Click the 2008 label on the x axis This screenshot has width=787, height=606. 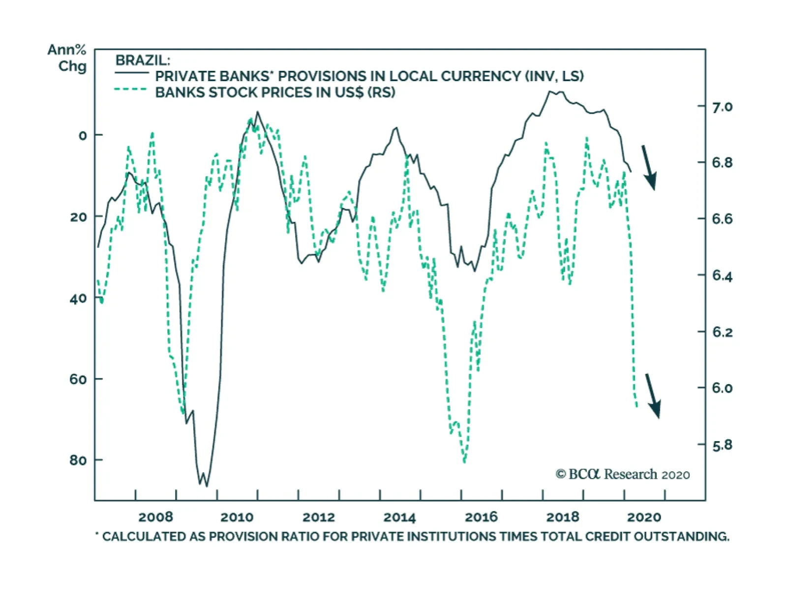click(155, 517)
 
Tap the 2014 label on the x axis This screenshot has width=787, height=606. click(399, 517)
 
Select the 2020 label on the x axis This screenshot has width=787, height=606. click(644, 517)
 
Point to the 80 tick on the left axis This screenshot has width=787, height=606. click(79, 460)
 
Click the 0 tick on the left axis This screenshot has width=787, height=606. click(83, 135)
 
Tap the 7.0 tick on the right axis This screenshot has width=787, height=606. click(722, 107)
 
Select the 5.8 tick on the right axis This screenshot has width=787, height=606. click(722, 445)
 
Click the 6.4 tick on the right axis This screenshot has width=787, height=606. click(722, 276)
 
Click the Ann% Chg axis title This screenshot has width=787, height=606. click(67, 58)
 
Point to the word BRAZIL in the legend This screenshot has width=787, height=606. click(142, 61)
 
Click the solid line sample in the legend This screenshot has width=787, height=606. click(131, 73)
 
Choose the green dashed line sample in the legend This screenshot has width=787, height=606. click(130, 90)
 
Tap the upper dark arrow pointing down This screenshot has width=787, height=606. click(649, 167)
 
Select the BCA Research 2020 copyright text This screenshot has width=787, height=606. click(623, 474)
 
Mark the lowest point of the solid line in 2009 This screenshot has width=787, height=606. click(207, 486)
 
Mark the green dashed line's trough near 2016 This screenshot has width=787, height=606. click(464, 461)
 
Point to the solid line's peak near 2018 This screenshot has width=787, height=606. click(550, 91)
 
